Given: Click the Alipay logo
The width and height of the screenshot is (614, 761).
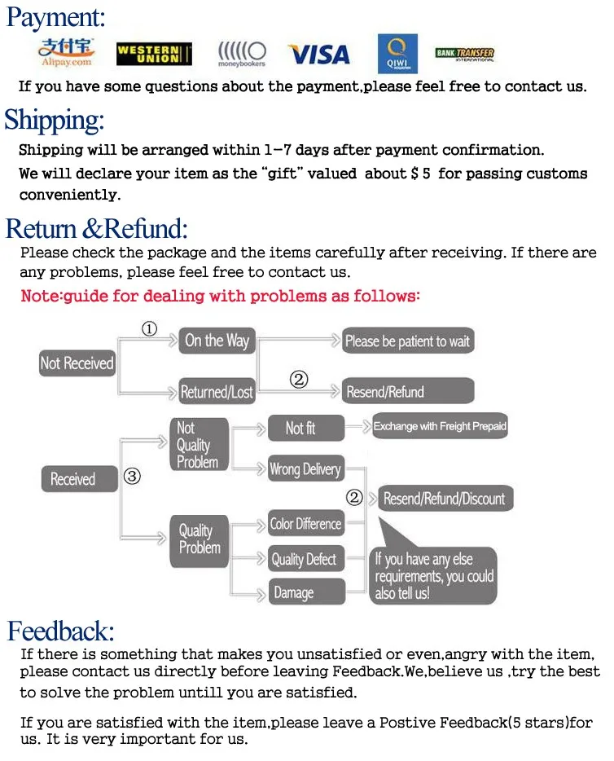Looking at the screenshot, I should click(66, 53).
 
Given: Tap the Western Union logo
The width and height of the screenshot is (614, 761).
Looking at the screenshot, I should click(154, 54).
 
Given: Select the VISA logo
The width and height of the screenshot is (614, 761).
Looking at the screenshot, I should click(318, 55).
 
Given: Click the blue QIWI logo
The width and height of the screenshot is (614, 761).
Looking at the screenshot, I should click(397, 54).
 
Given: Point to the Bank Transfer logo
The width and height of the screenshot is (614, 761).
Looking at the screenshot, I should click(464, 55).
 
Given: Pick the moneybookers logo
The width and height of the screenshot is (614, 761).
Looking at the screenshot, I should click(241, 54).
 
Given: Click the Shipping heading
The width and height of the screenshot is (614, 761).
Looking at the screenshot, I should click(55, 120).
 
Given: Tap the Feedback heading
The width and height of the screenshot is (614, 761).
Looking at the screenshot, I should click(61, 631).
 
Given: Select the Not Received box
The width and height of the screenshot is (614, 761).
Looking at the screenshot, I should click(77, 363).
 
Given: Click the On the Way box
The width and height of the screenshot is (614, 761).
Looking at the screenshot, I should click(217, 341).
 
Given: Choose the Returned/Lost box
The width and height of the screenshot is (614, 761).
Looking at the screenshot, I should click(217, 392).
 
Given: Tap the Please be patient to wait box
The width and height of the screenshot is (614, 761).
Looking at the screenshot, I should click(407, 341).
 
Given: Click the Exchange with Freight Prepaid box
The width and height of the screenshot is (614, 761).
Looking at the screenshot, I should click(440, 426).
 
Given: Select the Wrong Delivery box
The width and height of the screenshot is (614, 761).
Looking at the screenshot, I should click(305, 468).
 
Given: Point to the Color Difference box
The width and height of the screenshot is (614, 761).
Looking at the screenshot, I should click(305, 524).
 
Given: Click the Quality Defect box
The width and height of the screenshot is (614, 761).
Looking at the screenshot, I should click(304, 559).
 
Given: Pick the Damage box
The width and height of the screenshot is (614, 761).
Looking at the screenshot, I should click(294, 592).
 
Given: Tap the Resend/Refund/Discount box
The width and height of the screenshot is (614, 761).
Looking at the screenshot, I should click(445, 499).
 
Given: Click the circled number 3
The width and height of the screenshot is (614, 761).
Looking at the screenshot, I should click(132, 477).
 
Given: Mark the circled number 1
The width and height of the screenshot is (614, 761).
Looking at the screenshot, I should click(149, 329).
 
